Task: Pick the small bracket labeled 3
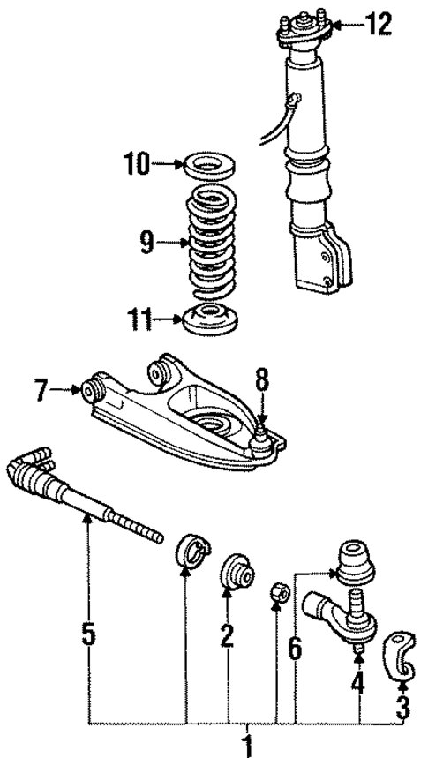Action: [402, 652]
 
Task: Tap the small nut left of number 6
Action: [275, 592]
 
